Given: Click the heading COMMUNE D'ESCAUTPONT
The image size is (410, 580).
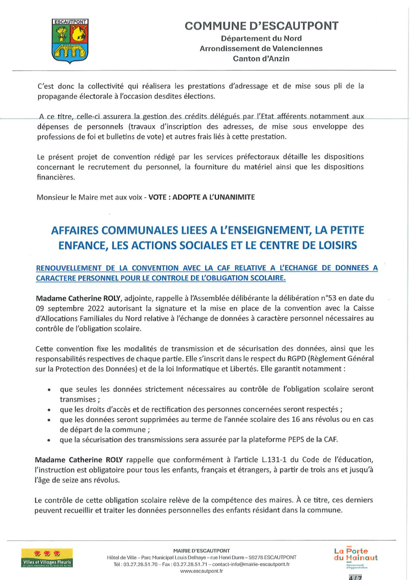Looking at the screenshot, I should [x=261, y=26].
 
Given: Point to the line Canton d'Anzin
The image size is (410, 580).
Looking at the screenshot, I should [x=261, y=58].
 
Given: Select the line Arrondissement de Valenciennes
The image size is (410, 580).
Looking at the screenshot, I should [x=261, y=48].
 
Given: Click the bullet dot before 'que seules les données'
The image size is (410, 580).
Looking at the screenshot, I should [x=50, y=390].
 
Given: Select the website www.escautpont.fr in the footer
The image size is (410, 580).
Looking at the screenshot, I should [x=201, y=571].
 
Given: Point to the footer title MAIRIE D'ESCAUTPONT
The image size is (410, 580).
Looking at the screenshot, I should [x=201, y=551].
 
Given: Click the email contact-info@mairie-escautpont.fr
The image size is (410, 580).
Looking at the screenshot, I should [x=251, y=564].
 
